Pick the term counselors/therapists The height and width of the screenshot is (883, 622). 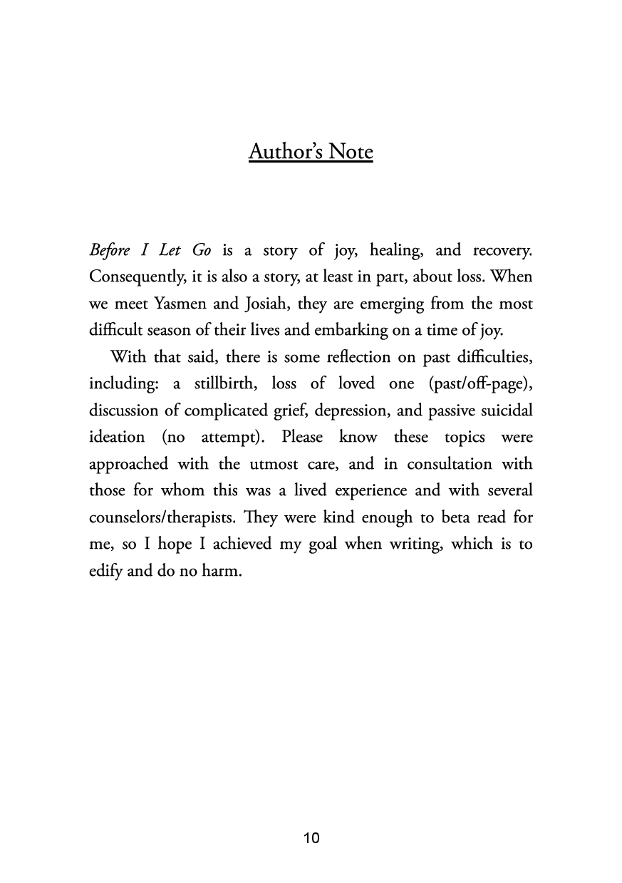pos(149,518)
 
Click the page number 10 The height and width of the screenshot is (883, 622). pos(311,837)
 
